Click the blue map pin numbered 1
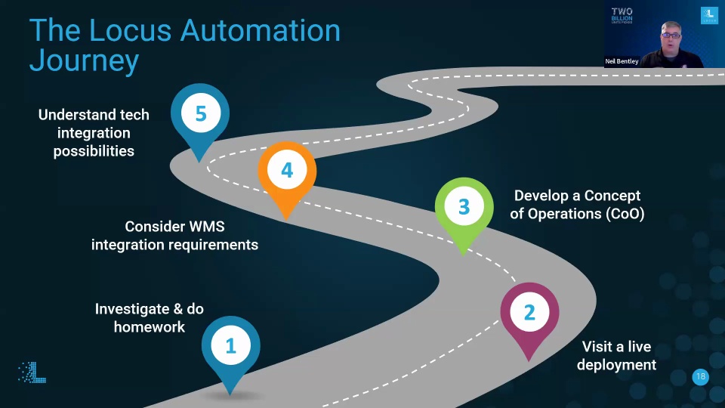pos(231,346)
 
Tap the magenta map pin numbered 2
pos(529,313)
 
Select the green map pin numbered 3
pos(464,207)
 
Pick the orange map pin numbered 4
pos(287,171)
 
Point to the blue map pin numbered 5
pos(200,114)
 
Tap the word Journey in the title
pos(84,61)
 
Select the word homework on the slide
pos(150,327)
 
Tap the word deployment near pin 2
pos(616,365)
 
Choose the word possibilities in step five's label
pos(94,151)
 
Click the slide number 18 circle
pos(701,377)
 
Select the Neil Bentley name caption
pos(622,61)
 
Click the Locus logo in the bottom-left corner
pos(32,372)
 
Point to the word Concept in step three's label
pos(606,196)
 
